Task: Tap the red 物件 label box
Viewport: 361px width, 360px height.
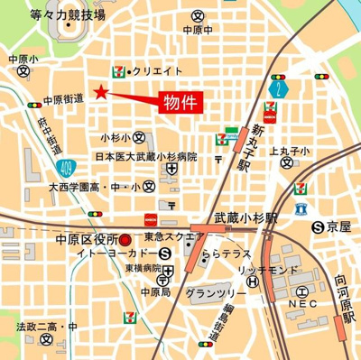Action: (x=180, y=102)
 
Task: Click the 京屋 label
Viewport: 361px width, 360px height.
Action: (x=336, y=226)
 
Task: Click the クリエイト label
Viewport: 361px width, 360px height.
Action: (x=160, y=70)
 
